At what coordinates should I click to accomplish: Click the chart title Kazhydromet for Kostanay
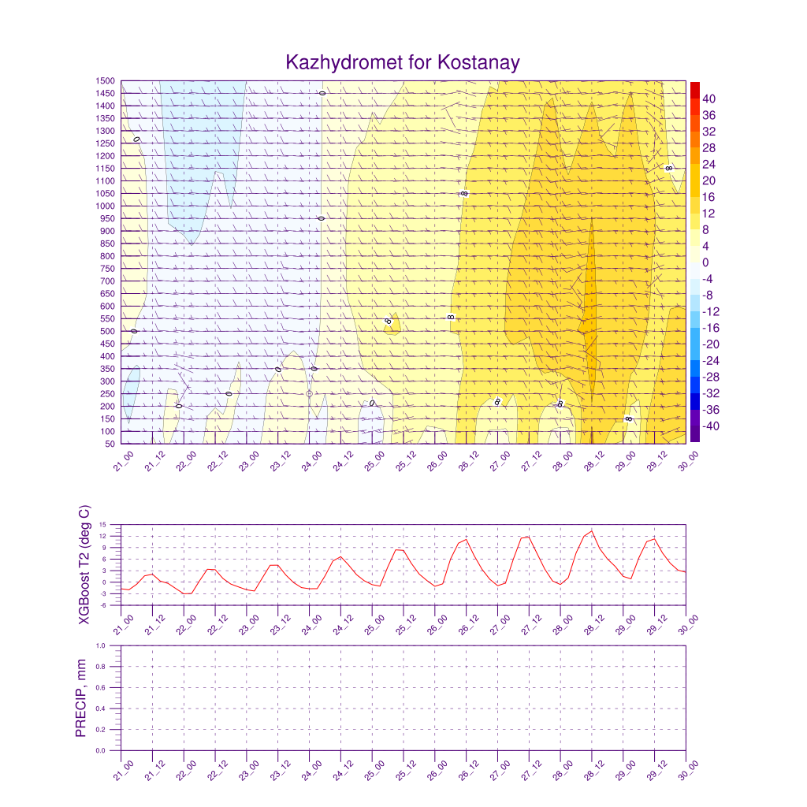tap(403, 62)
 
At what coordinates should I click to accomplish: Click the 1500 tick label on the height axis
tap(106, 81)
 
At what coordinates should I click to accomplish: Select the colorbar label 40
tap(709, 99)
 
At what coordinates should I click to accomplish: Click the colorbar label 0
tap(706, 262)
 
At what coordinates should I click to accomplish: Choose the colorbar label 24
tap(709, 164)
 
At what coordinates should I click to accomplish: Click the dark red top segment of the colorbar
tap(694, 90)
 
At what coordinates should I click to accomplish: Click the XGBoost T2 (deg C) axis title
tap(84, 566)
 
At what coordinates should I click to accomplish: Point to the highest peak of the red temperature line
tap(592, 530)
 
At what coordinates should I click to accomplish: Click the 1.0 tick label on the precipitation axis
tap(111, 645)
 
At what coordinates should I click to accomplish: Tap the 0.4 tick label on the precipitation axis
tap(111, 708)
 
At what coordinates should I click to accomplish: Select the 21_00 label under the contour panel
tap(121, 461)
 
